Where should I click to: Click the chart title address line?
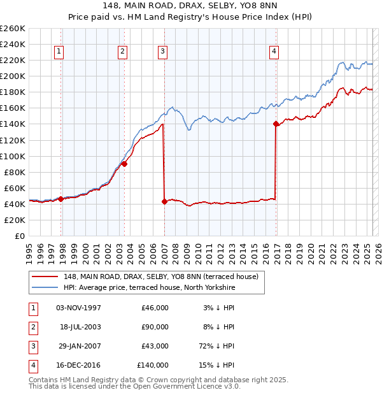[191, 6]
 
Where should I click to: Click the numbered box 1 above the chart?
[59, 52]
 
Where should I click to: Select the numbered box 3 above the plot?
[163, 52]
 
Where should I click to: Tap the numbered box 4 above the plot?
[274, 52]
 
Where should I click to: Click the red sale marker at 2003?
[124, 164]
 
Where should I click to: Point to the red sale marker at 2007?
[164, 201]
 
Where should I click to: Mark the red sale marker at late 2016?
[276, 124]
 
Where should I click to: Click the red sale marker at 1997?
[60, 199]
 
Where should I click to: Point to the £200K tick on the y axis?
[13, 76]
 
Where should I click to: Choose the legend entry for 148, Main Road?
[160, 276]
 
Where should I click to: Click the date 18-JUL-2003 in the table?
[80, 327]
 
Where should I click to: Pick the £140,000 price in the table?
[153, 365]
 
